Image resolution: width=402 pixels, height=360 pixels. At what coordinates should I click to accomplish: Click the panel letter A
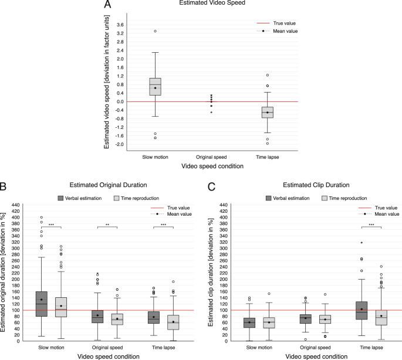tap(107, 5)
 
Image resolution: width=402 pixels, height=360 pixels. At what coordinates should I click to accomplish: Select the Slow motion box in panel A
tap(156, 86)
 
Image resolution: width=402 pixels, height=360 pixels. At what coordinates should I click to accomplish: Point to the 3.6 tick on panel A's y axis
tap(120, 25)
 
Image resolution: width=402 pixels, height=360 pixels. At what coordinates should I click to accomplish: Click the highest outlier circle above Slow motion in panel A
tap(156, 31)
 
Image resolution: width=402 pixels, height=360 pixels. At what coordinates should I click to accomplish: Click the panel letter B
tap(4, 188)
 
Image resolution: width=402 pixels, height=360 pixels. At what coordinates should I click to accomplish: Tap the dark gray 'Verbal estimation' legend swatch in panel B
tap(60, 198)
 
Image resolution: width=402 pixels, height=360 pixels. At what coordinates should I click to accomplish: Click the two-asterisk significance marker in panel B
tap(107, 225)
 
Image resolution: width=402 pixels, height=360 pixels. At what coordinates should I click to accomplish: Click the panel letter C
tap(212, 188)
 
